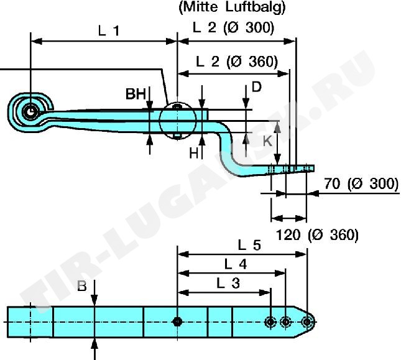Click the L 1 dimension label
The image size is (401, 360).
click(109, 31)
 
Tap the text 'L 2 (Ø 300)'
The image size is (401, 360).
click(233, 27)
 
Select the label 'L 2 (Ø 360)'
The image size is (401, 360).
click(237, 62)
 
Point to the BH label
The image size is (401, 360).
click(136, 94)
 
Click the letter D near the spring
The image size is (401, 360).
click(257, 87)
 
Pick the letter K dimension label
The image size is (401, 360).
click(268, 141)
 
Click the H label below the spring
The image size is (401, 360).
click(194, 154)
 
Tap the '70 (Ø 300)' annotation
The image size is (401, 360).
click(361, 184)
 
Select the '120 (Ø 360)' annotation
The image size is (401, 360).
click(317, 235)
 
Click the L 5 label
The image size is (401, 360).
click(249, 246)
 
